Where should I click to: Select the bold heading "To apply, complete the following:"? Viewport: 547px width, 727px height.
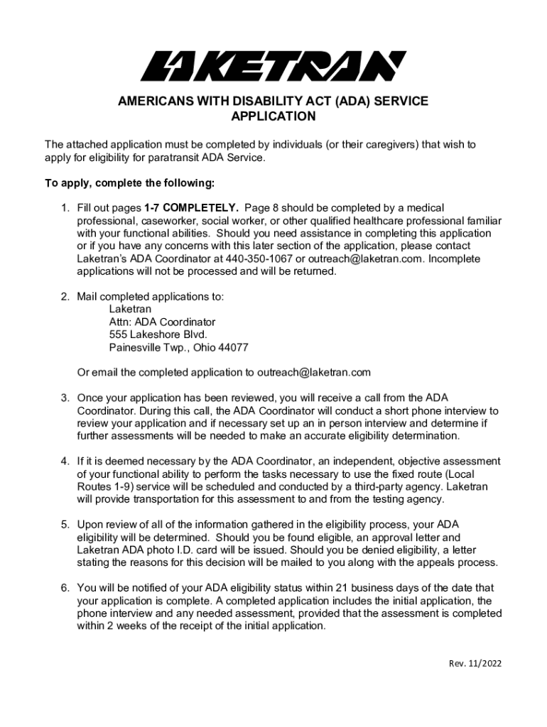(129, 183)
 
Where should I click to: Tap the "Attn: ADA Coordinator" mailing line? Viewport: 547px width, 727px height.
(162, 322)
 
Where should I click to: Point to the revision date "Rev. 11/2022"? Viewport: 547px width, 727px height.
(475, 664)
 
